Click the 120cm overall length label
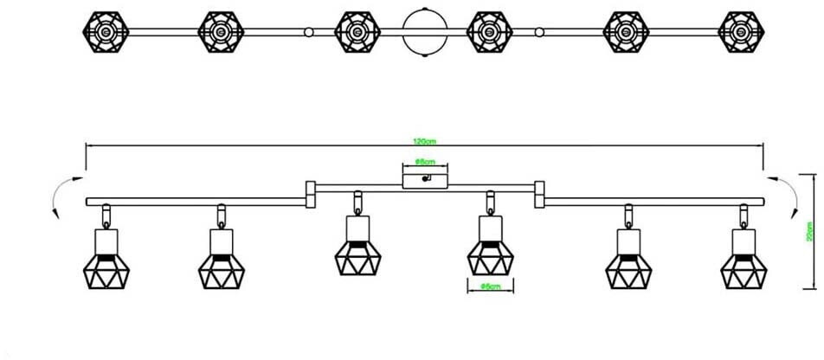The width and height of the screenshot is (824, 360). (x=423, y=141)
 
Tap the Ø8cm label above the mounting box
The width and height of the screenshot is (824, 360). (x=424, y=162)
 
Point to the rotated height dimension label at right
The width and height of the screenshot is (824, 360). (x=809, y=231)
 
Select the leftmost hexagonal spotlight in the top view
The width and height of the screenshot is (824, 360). (x=103, y=32)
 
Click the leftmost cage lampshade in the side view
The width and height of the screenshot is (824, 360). (x=103, y=267)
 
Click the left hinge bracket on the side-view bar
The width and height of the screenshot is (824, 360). (x=310, y=194)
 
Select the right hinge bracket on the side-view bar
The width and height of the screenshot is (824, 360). (x=539, y=194)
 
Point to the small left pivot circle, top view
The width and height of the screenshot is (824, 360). (x=308, y=32)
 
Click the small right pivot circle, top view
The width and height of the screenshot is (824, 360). (x=540, y=32)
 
